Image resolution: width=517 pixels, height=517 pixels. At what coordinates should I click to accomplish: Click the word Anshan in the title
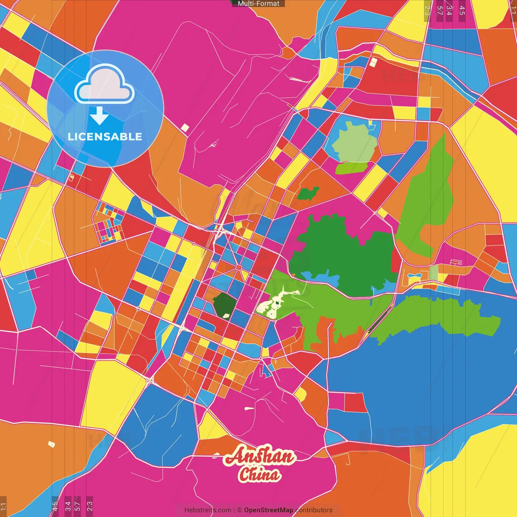[259, 456]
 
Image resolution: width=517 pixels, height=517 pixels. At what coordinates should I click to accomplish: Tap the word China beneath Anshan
[259, 474]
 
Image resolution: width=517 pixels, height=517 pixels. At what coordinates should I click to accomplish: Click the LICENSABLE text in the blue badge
[105, 137]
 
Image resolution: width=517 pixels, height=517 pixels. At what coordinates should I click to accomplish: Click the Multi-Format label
[258, 4]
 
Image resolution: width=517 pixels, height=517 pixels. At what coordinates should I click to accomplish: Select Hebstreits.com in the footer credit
[208, 510]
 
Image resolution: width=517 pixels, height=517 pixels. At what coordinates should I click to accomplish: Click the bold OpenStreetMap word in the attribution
[269, 510]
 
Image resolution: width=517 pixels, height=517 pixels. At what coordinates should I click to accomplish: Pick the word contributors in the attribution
[314, 510]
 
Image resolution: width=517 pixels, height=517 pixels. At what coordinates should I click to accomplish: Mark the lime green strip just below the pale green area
[351, 167]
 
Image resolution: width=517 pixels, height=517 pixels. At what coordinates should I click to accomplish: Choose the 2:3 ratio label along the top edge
[427, 10]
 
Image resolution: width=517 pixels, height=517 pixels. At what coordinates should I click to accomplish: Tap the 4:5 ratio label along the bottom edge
[55, 506]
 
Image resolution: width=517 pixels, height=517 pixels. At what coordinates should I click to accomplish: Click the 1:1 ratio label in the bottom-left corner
[3, 506]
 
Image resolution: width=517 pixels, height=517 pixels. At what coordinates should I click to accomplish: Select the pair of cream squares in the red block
[373, 62]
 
